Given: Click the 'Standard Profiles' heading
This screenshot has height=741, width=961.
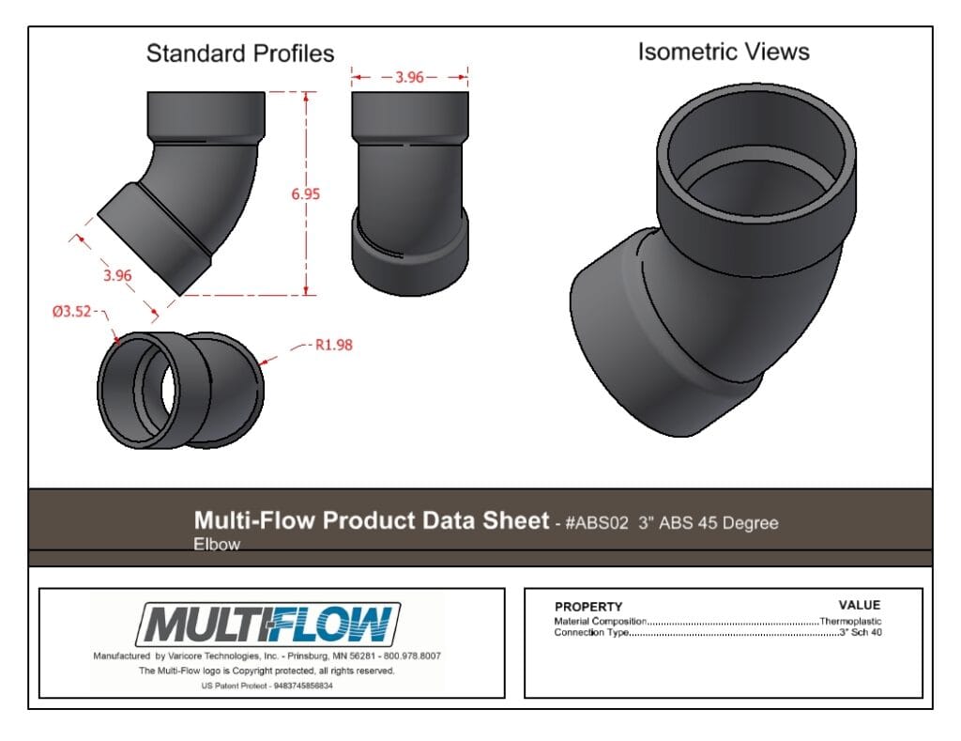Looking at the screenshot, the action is coord(240,54).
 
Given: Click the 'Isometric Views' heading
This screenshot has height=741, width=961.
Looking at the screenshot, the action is coord(724,53).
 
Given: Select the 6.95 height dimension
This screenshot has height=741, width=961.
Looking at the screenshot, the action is coord(305,193).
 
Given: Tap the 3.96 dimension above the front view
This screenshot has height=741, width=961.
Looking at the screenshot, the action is coord(409,77).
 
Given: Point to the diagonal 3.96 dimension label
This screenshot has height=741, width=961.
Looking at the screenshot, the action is coord(117,275).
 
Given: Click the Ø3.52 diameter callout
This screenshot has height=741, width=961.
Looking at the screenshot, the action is coord(71,312).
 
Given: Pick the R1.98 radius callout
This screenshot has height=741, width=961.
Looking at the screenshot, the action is coord(334,345).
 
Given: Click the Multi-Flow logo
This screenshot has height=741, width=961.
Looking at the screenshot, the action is coord(267,625).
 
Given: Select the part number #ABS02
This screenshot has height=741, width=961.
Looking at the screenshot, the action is coord(597,523).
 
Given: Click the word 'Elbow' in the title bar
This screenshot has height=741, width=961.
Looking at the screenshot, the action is coord(217,544).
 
